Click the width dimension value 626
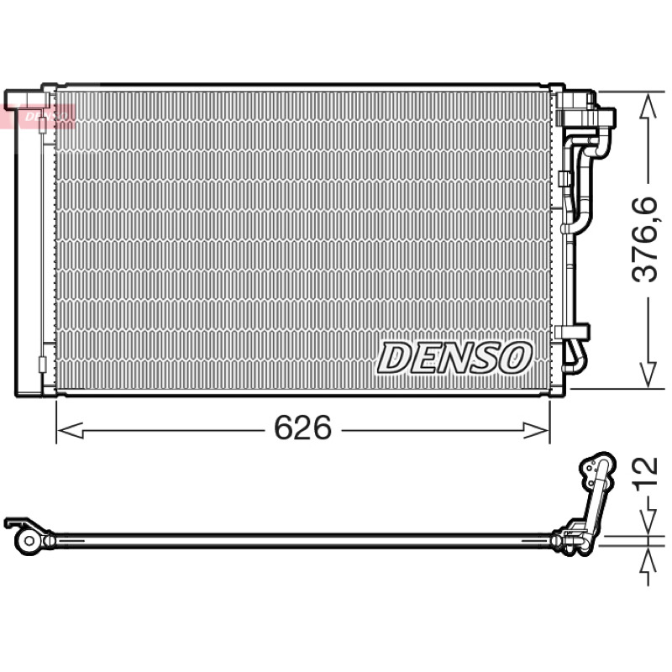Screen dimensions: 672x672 (x=302, y=428)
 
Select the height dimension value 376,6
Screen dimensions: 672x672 (x=644, y=239)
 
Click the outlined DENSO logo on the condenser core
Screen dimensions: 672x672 (x=454, y=358)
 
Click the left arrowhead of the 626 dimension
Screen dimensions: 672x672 (x=70, y=430)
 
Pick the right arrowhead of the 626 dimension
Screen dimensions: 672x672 (x=536, y=430)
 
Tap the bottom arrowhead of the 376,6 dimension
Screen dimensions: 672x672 (x=648, y=374)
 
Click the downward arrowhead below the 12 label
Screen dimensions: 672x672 (x=648, y=522)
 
